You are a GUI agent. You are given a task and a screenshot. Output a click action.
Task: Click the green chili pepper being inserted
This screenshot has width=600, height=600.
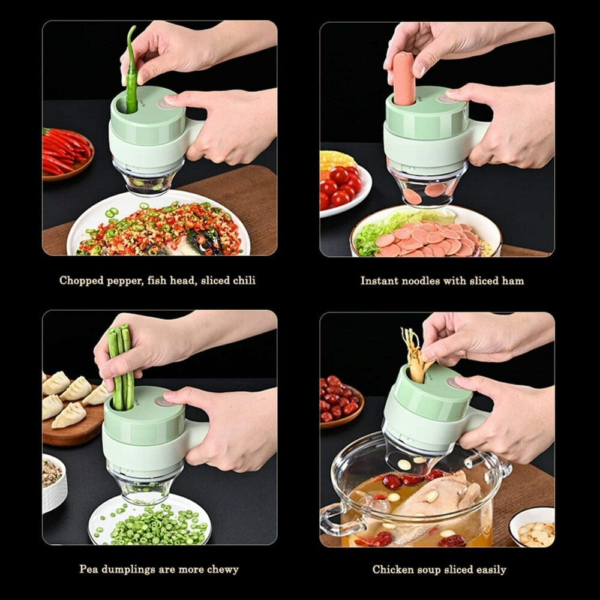coord(131,72)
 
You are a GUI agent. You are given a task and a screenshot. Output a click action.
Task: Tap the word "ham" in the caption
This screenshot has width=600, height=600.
coord(514,281)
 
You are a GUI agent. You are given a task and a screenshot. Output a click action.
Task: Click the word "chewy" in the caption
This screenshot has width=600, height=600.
coord(221,569)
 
